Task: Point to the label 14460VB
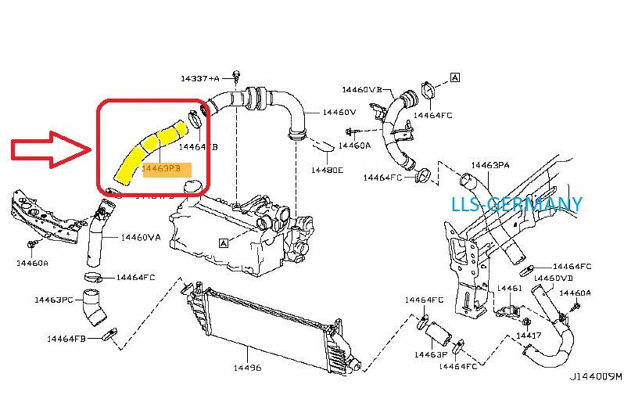361,90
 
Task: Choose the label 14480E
326,169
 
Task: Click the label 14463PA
490,165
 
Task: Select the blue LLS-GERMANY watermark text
517,205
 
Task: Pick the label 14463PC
54,300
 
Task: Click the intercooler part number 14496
248,367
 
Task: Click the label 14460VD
553,278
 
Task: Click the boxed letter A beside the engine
224,243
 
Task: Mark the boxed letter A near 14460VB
455,77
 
